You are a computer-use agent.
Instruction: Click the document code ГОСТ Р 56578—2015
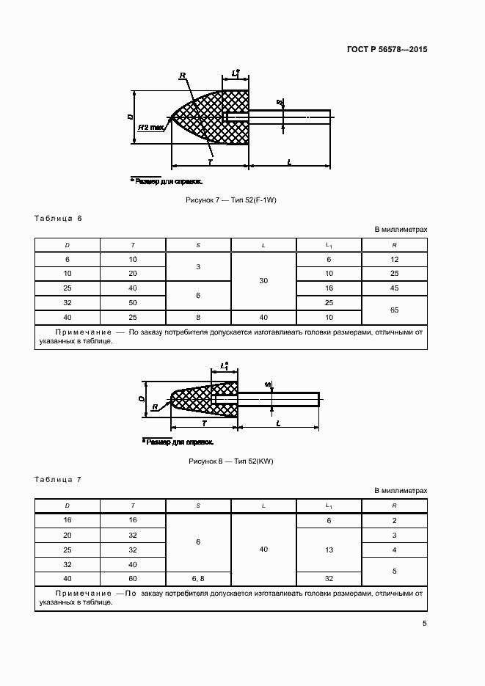point(386,49)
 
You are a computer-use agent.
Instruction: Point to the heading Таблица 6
point(59,219)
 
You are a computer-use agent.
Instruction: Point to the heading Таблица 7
point(59,480)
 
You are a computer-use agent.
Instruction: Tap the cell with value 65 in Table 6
point(394,310)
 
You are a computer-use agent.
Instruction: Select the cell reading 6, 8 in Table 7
point(198,579)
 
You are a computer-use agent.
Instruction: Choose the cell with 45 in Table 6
point(394,288)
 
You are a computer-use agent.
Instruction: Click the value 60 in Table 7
point(132,579)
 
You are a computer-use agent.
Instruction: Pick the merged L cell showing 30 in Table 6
point(263,280)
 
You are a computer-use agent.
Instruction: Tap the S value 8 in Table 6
point(198,318)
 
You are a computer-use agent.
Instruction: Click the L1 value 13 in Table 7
point(329,550)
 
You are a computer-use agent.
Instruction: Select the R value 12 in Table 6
point(394,259)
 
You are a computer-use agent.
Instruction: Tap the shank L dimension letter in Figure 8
point(279,424)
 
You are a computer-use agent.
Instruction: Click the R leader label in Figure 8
point(156,408)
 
